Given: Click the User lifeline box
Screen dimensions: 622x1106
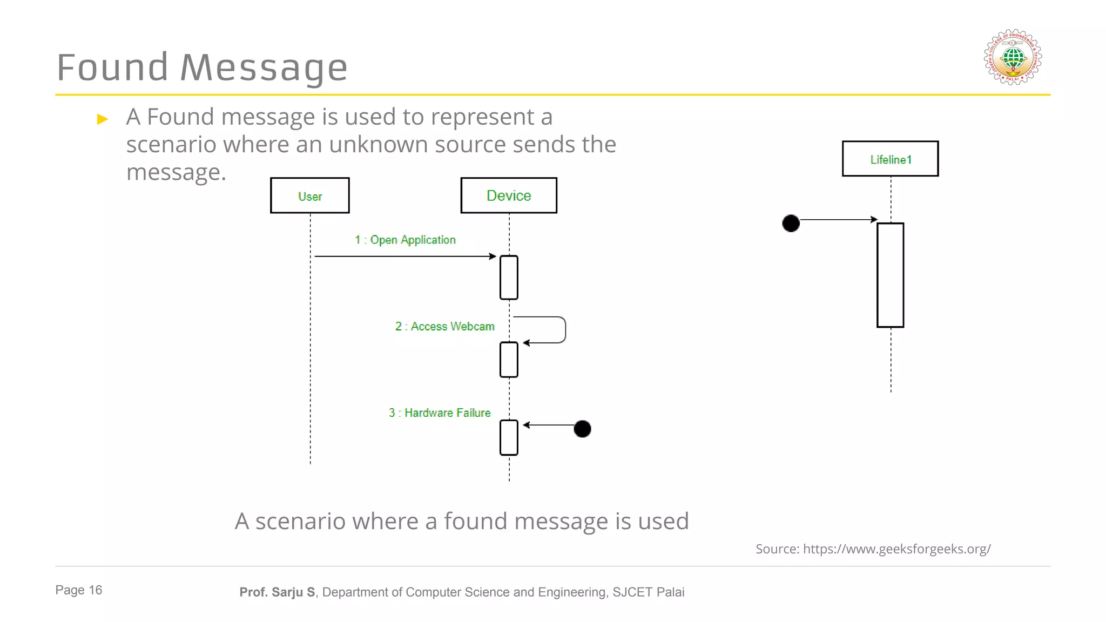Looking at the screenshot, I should (309, 195).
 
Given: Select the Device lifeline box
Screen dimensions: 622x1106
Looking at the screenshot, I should (508, 195).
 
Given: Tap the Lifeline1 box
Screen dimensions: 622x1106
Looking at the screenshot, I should (890, 159).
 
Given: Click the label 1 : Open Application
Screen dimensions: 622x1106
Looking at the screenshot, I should (405, 240).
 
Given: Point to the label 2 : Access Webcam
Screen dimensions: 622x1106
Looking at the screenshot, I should (444, 326).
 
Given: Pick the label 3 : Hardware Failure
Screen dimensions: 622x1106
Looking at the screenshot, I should (440, 413).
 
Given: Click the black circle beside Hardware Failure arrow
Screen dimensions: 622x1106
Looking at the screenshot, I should (582, 429).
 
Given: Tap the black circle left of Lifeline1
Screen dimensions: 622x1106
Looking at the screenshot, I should (791, 223).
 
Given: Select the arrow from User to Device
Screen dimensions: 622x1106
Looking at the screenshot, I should (405, 256).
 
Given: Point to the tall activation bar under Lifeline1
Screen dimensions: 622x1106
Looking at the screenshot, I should (890, 275).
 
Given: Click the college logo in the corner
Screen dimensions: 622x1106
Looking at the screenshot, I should (1013, 57).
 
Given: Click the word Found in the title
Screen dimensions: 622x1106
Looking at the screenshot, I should (112, 68).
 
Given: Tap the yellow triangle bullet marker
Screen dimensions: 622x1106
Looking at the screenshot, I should (103, 119).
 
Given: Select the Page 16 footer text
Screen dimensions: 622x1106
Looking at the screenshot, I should (79, 590).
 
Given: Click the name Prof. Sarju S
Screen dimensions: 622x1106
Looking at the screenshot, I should (277, 592).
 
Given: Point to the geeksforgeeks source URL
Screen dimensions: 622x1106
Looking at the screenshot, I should (896, 549).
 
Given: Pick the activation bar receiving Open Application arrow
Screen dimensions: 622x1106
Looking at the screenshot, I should (509, 278).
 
